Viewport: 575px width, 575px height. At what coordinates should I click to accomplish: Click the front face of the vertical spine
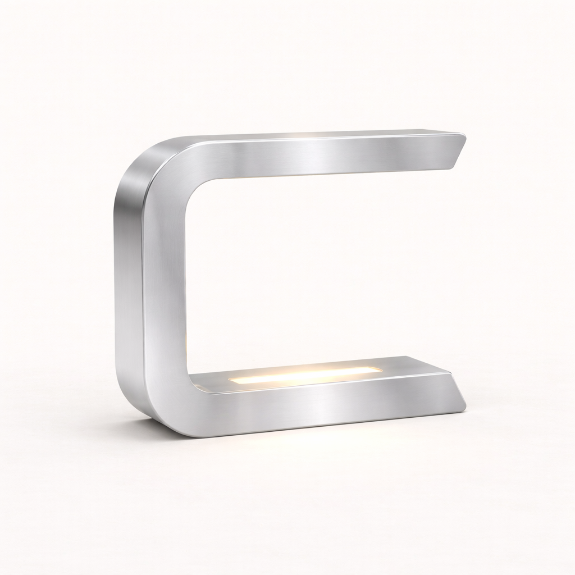tap(166, 281)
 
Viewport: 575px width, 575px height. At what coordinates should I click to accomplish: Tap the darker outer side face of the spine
tap(128, 281)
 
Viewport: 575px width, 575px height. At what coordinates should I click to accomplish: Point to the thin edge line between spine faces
tap(144, 281)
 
